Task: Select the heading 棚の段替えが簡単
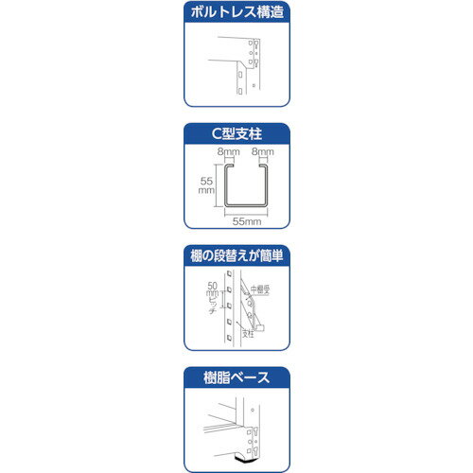coord(236,256)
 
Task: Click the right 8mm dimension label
coord(265,150)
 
